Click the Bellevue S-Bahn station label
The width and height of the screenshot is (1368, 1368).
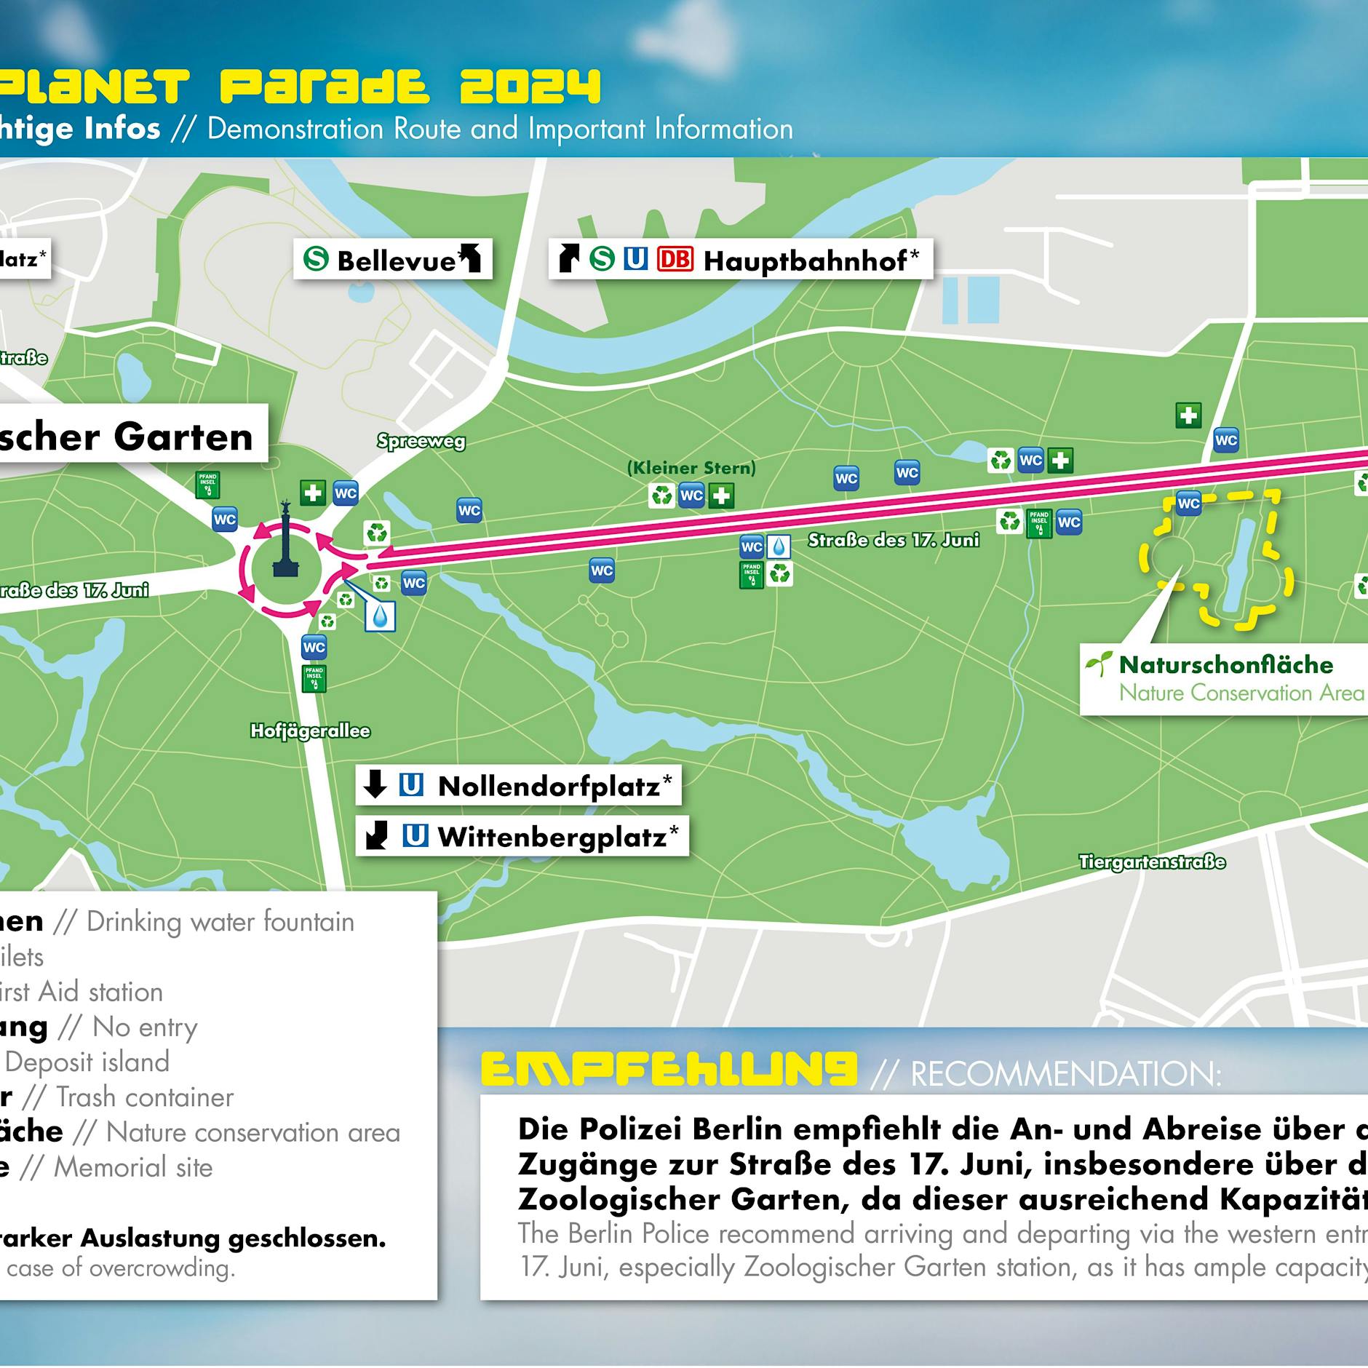click(x=397, y=260)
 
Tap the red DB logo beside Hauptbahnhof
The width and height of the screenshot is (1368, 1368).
click(x=675, y=259)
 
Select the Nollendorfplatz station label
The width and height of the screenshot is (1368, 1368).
click(x=549, y=786)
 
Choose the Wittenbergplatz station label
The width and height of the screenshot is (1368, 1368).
click(x=552, y=837)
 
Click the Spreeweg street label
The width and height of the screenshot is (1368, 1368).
click(x=421, y=441)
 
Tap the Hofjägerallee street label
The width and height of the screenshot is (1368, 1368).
click(x=310, y=731)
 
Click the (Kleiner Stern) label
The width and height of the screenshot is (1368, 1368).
click(x=691, y=468)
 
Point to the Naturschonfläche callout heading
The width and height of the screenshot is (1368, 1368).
click(x=1225, y=664)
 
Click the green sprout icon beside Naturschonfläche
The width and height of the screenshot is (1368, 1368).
click(x=1098, y=664)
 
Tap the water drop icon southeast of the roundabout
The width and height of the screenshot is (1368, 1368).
click(x=381, y=616)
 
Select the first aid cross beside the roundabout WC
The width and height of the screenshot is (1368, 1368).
click(x=313, y=493)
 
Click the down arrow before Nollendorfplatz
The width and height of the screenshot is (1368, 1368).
click(x=375, y=784)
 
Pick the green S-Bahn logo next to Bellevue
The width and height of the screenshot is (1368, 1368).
click(x=316, y=258)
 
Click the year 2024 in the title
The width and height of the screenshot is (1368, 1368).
click(x=530, y=87)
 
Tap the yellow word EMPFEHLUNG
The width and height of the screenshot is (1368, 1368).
click(x=669, y=1070)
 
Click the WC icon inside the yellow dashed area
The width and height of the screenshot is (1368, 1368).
click(x=1188, y=503)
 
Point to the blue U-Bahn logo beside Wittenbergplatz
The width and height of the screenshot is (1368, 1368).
click(x=415, y=836)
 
